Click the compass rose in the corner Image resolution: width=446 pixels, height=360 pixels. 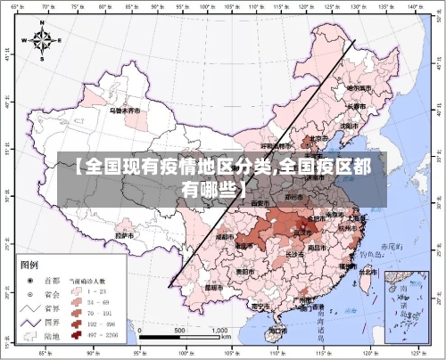coord(43,40)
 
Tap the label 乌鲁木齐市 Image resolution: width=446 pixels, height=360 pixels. coord(125,111)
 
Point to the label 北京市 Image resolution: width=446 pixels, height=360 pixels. coord(318,138)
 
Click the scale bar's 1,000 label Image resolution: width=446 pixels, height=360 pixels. coord(219,331)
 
